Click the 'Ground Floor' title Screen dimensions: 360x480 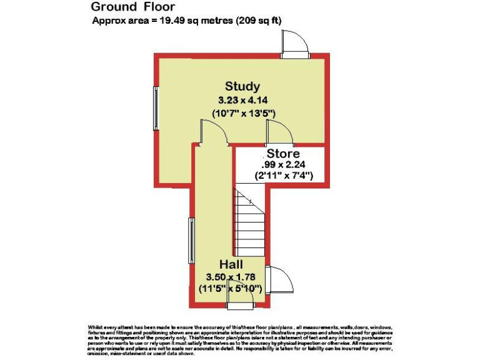pyautogui.click(x=133, y=7)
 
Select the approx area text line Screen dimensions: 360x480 pyautogui.click(x=186, y=21)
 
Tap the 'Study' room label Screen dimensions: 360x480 pyautogui.click(x=242, y=86)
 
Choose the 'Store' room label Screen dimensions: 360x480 pyautogui.click(x=283, y=154)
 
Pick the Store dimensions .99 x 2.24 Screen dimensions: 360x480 pyautogui.click(x=283, y=165)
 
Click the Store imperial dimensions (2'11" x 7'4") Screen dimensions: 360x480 pyautogui.click(x=283, y=176)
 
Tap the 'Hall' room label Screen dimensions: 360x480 pyautogui.click(x=231, y=264)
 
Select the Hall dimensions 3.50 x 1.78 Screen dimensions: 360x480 pyautogui.click(x=231, y=276)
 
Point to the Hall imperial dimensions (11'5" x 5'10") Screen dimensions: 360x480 pyautogui.click(x=231, y=288)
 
